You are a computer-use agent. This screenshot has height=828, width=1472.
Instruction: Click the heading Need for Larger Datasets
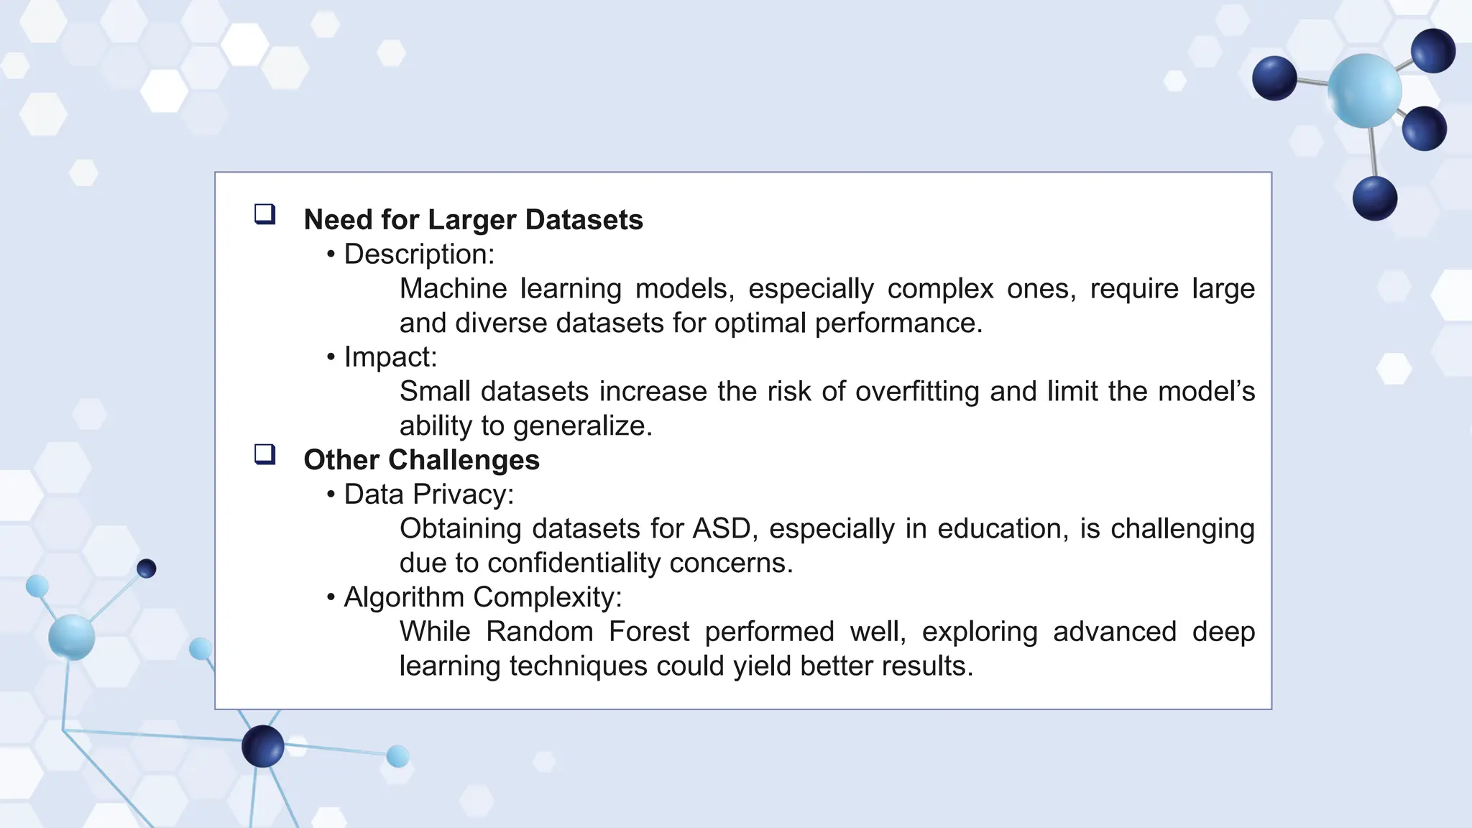point(473,220)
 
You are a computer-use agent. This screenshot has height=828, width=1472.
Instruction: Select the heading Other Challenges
point(421,460)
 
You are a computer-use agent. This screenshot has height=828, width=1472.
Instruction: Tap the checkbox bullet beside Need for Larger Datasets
point(265,214)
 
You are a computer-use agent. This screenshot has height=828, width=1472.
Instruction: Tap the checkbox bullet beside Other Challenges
point(265,454)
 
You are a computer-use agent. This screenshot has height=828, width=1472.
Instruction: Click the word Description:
point(419,254)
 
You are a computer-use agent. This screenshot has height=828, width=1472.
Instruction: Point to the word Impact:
point(390,357)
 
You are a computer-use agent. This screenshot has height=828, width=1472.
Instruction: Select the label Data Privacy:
point(428,494)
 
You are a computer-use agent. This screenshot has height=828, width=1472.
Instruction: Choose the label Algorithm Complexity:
point(482,597)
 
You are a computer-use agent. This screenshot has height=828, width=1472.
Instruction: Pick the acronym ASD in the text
point(721,529)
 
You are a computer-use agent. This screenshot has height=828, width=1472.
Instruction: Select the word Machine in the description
point(453,289)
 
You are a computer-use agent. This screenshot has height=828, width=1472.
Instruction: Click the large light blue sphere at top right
point(1363,91)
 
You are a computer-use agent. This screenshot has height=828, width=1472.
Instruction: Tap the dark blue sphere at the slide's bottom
point(263,746)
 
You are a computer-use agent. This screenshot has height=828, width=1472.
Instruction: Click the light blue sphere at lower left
point(71,637)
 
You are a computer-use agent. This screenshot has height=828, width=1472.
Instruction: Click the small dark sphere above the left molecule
point(147,569)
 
